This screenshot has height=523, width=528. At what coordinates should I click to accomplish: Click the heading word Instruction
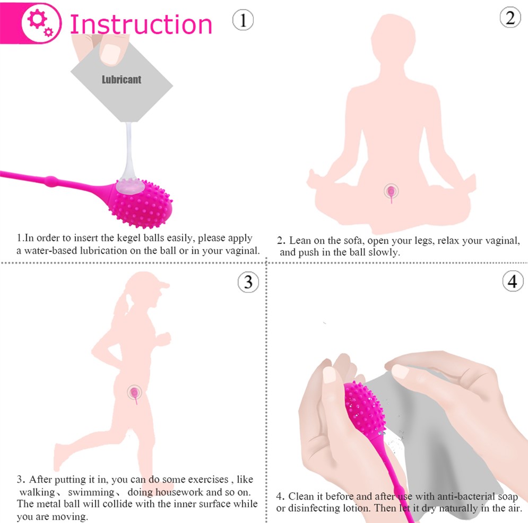click(x=141, y=24)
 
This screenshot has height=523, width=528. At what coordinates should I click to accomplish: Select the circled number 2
click(x=510, y=18)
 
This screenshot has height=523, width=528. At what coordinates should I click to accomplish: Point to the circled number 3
click(x=248, y=282)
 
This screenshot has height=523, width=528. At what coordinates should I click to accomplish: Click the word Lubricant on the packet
click(x=122, y=80)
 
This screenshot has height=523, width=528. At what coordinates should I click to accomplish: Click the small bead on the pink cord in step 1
click(x=51, y=181)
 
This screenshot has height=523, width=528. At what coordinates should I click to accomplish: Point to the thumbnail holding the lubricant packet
click(x=111, y=53)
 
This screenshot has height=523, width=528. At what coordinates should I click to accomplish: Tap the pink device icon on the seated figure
click(x=391, y=190)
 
